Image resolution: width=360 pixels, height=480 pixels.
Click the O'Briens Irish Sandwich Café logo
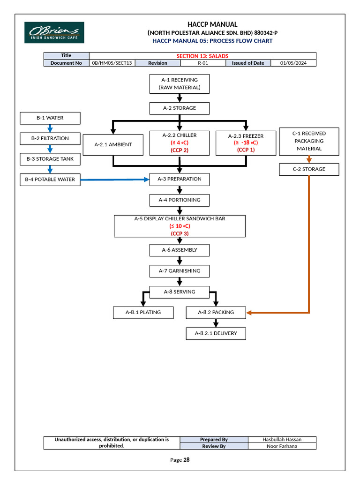tap(54, 32)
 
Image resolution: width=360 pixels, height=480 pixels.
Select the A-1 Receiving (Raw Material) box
tap(179, 83)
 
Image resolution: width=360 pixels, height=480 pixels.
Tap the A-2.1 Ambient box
tap(112, 144)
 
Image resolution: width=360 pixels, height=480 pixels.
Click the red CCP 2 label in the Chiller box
tap(179, 150)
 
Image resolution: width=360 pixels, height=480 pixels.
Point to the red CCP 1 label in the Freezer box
tap(246, 150)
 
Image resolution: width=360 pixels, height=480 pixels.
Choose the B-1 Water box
tap(50, 118)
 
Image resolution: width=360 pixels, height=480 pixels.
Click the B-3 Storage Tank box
tap(50, 159)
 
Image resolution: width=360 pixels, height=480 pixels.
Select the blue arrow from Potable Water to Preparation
tap(114, 179)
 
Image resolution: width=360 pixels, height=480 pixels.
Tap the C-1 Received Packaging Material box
tap(308, 141)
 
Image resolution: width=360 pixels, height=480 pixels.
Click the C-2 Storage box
tap(308, 169)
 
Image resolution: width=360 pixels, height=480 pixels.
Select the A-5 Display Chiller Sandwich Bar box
tap(180, 226)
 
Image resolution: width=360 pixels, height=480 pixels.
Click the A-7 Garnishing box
tap(179, 271)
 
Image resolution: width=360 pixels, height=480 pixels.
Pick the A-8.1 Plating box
tap(143, 312)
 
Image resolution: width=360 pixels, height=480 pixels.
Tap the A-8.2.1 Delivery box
tap(216, 333)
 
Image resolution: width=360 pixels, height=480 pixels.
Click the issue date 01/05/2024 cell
tap(293, 63)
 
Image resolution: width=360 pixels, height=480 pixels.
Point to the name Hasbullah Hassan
tap(282, 439)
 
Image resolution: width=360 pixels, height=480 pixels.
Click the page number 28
tap(186, 460)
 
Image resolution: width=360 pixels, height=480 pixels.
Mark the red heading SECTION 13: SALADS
tap(202, 56)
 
